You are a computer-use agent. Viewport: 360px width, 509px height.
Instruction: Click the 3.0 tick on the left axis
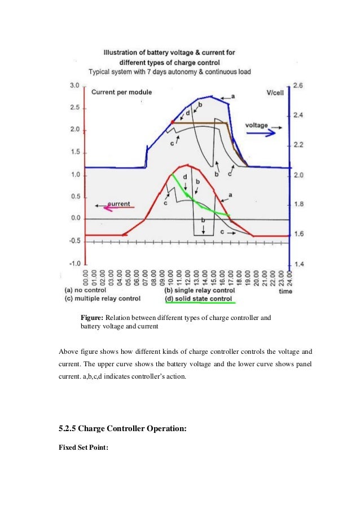coord(74,86)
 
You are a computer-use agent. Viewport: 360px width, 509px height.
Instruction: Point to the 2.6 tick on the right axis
coord(298,86)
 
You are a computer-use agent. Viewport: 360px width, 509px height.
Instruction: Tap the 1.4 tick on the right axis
coord(298,264)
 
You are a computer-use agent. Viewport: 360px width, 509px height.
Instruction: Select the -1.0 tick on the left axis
coord(74,264)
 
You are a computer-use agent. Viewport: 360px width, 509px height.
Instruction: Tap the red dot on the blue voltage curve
coord(172,122)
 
